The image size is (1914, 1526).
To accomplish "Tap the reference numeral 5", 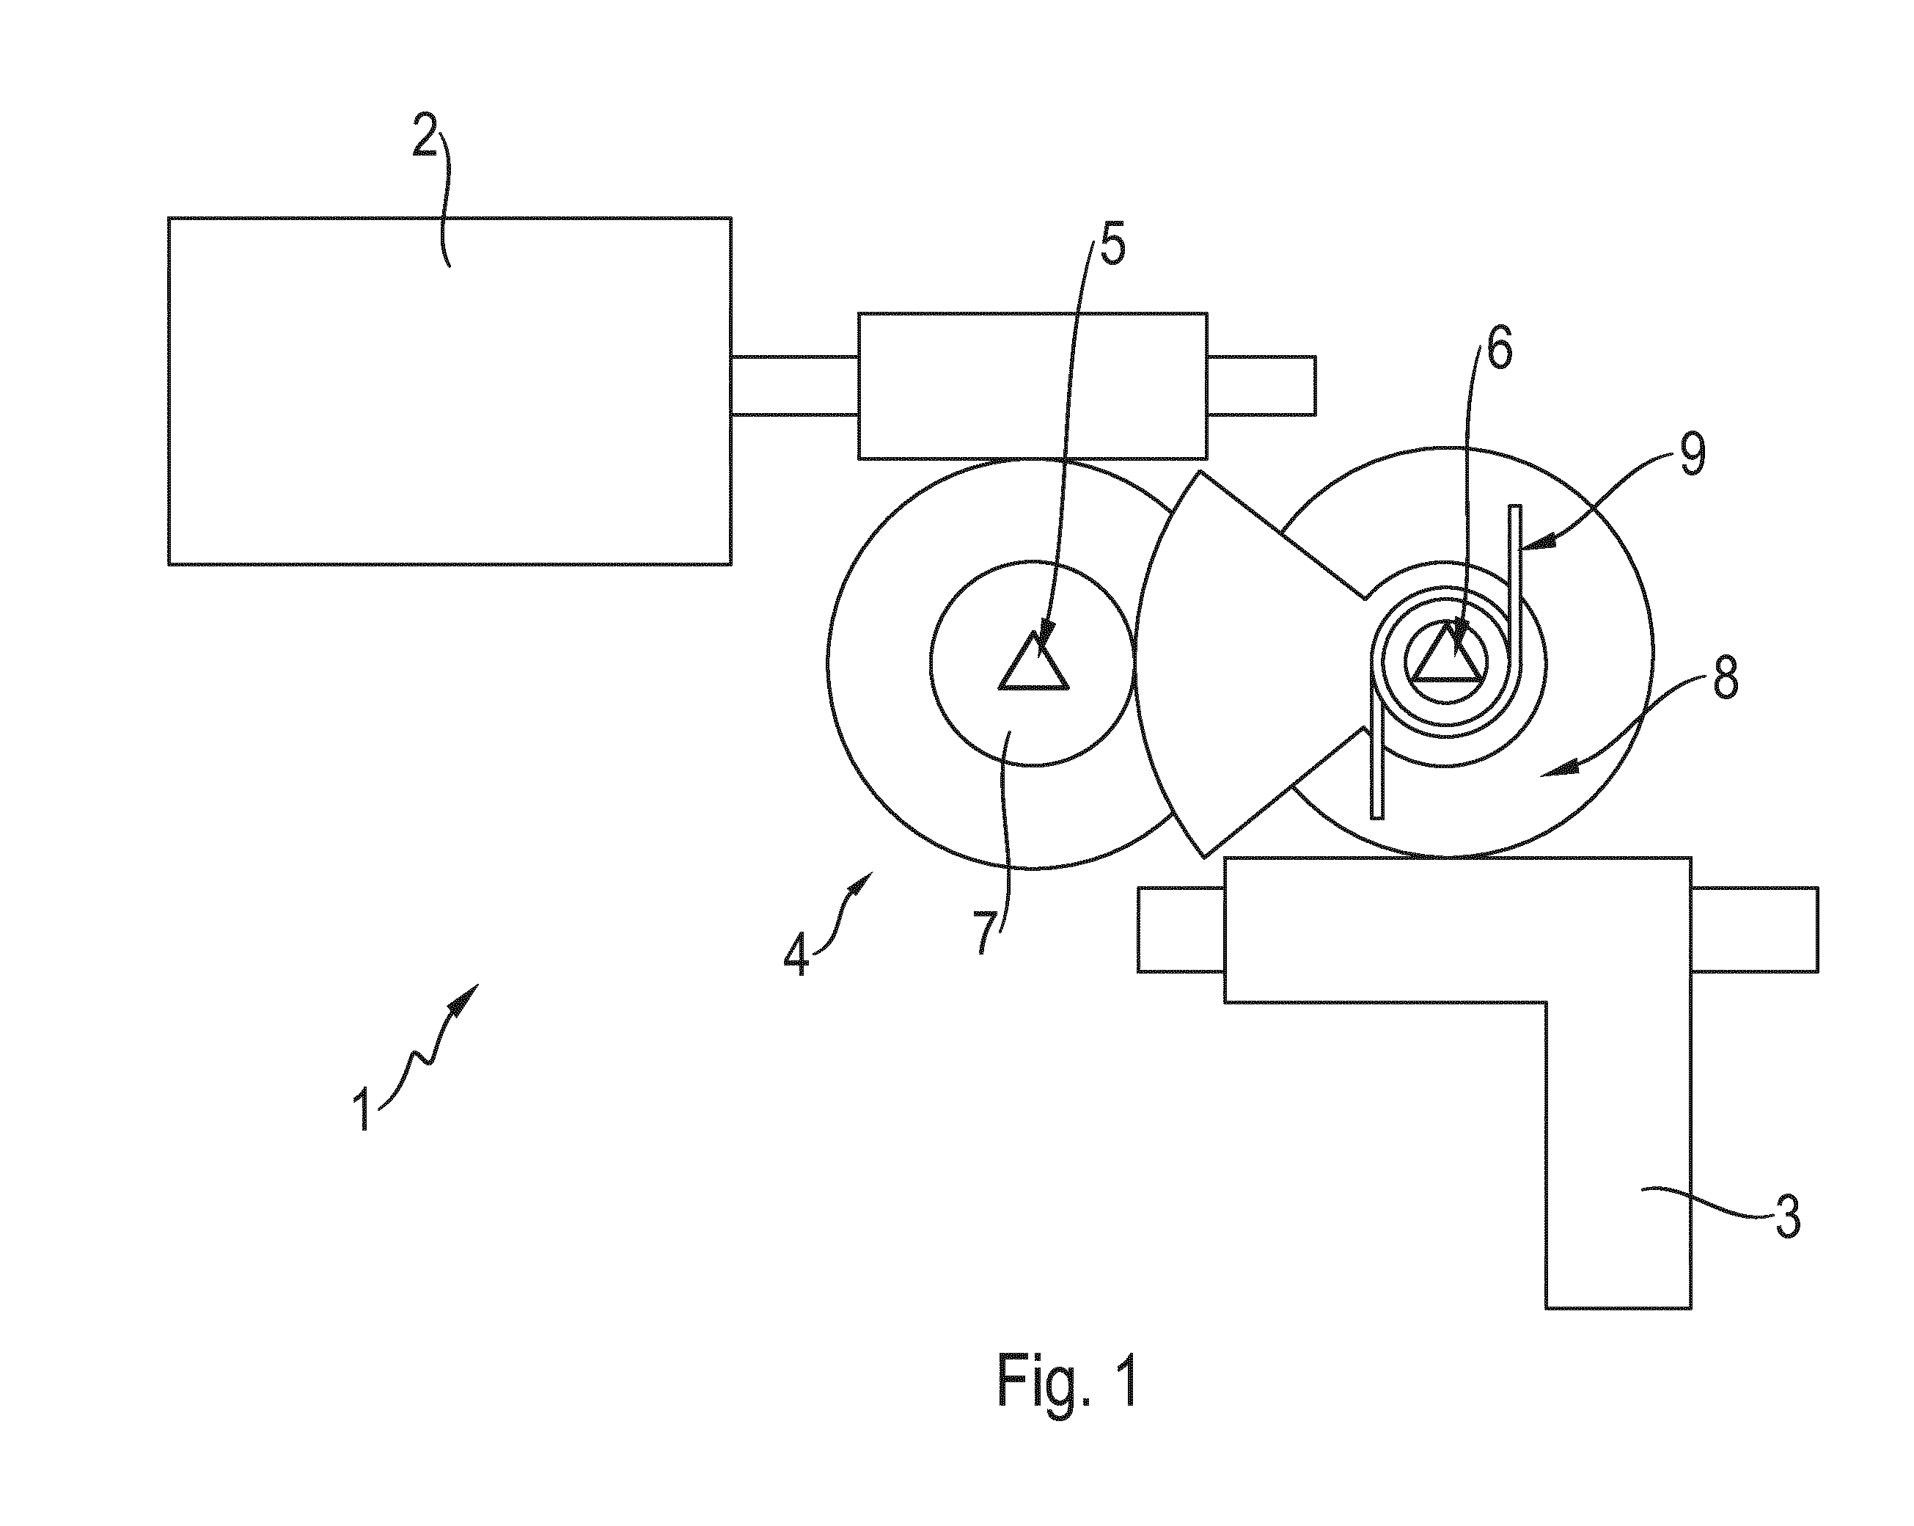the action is (x=1112, y=244).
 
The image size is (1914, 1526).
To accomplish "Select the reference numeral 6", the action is (x=1500, y=349).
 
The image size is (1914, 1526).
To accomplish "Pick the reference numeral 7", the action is (x=985, y=932).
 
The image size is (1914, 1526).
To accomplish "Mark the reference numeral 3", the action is (x=1787, y=1218).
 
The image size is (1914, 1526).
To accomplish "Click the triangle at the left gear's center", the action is (x=1033, y=661).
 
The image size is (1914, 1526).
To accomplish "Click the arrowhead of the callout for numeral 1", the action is (x=466, y=998).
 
